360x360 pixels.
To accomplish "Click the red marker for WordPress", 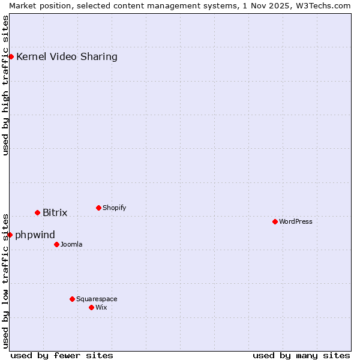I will tap(275, 221).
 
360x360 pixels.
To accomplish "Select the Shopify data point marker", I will tap(98, 208).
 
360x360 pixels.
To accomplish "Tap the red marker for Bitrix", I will tap(37, 212).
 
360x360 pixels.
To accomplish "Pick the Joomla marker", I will tap(56, 244).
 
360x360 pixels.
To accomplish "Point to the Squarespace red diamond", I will tap(72, 299).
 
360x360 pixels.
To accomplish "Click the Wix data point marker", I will tap(91, 307).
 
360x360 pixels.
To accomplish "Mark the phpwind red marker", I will tap(10, 235).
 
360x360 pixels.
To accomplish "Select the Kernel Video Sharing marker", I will tap(11, 56).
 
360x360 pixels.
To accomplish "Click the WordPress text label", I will tap(296, 221).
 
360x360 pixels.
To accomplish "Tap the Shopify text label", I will tap(114, 208).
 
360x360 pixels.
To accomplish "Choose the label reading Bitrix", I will tap(55, 212).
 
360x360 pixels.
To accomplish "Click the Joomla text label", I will tap(71, 244).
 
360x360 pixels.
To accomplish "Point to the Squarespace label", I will tap(97, 299).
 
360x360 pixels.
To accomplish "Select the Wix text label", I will tap(101, 307).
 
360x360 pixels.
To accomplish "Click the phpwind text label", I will tap(35, 235).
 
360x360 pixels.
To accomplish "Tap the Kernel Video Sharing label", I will tap(67, 57).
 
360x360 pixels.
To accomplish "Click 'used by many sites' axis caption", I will tap(301, 355).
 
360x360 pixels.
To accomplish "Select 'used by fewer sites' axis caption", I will tap(62, 355).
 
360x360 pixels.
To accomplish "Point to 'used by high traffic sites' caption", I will tap(6, 85).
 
